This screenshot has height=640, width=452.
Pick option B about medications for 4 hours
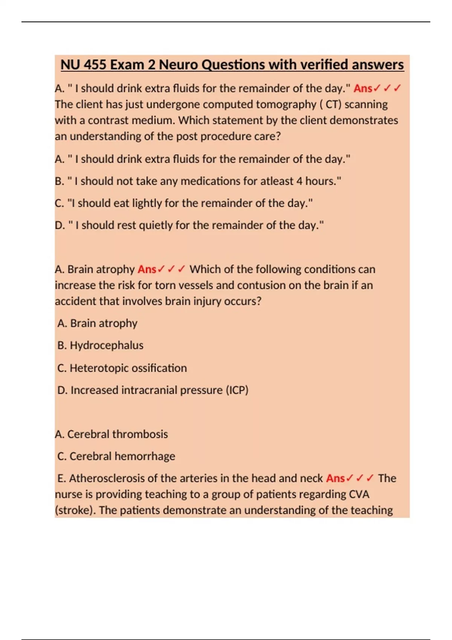tap(198, 181)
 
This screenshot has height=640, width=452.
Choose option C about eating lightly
tap(183, 203)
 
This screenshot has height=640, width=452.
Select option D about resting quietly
tap(189, 225)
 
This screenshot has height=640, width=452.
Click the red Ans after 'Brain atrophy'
tap(147, 270)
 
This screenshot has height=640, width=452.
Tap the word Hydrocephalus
tap(107, 345)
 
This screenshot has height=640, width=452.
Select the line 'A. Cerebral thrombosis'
tap(111, 434)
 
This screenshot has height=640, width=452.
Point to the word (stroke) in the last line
tap(75, 510)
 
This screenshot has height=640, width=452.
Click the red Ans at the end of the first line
tap(363, 88)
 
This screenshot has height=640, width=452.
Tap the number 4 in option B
tap(299, 181)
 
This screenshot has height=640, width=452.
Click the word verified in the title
tap(324, 65)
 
